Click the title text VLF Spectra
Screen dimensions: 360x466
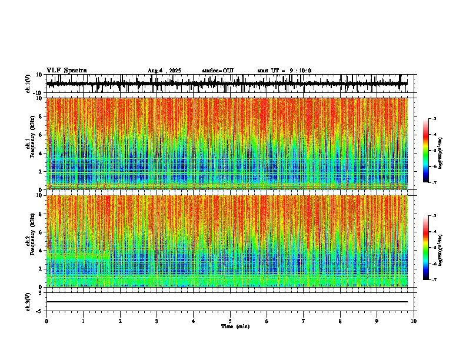click(x=66, y=71)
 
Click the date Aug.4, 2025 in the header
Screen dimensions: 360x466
click(x=164, y=71)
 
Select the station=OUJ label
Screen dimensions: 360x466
click(x=218, y=71)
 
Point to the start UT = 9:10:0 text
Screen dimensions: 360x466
click(x=284, y=71)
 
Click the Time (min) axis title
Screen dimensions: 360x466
click(x=235, y=326)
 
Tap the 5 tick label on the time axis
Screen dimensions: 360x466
click(x=230, y=321)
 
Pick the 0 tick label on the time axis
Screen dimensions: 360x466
click(x=46, y=321)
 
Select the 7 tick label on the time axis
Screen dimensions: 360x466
click(x=304, y=321)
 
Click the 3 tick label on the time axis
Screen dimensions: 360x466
click(x=157, y=321)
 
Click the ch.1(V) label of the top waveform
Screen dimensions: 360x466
click(x=28, y=84)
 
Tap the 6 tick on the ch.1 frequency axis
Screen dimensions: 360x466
click(x=40, y=135)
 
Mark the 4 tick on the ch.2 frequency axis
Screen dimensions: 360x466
click(x=40, y=250)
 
